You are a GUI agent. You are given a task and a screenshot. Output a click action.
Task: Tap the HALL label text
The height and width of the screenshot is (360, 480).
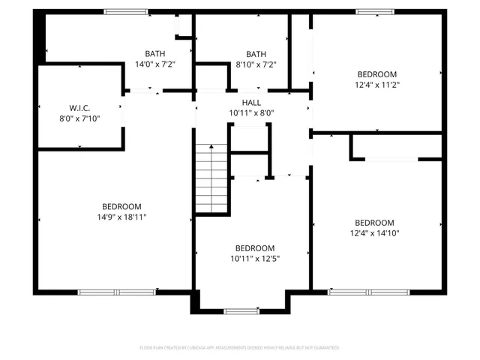[251, 102]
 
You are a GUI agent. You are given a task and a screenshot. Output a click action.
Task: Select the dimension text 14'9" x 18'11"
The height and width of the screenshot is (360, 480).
[121, 217]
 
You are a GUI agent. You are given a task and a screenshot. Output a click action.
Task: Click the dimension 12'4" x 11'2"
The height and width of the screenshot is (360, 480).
[376, 85]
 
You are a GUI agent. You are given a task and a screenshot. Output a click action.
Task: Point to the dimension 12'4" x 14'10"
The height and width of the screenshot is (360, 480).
[374, 233]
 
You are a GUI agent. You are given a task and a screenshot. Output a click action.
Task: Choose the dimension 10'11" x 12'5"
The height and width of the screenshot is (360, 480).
[255, 259]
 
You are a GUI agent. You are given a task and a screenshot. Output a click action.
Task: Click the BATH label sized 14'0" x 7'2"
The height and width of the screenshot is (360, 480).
[155, 54]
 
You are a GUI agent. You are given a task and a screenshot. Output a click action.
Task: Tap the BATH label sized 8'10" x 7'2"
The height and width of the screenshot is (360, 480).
[256, 54]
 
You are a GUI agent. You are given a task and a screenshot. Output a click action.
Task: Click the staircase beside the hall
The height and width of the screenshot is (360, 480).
[211, 178]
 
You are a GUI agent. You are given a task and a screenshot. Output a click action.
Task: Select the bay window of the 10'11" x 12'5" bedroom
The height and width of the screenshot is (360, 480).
[241, 310]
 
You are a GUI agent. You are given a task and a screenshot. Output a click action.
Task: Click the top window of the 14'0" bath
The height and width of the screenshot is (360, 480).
[126, 11]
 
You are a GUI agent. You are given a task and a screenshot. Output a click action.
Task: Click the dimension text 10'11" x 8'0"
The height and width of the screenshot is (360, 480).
[251, 113]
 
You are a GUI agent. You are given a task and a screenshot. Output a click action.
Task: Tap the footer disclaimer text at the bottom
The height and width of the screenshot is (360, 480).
[240, 348]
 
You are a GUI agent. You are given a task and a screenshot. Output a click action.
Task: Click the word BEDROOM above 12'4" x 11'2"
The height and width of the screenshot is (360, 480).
[376, 74]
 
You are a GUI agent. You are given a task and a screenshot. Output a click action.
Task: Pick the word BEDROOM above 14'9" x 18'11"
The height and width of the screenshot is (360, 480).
[121, 206]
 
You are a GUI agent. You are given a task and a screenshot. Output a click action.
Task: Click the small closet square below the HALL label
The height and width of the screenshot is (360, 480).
[249, 138]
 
